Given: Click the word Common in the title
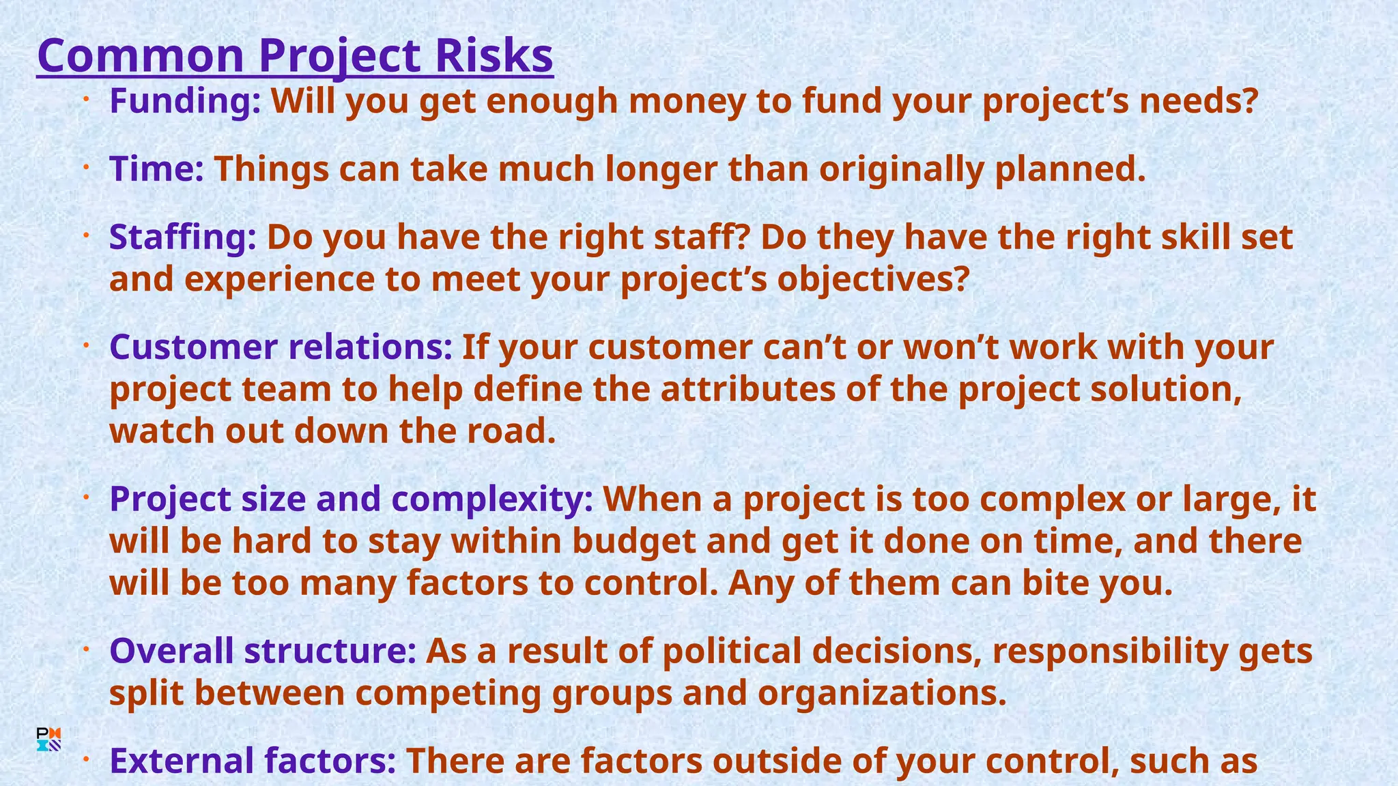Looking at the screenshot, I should (141, 56).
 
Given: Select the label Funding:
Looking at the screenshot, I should (185, 102).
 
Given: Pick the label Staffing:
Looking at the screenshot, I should (183, 237).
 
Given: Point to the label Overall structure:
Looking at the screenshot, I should (263, 650).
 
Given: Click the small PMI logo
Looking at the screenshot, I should (49, 740).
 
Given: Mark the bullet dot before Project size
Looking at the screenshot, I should (87, 499).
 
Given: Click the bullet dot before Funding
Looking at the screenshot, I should (87, 101).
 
